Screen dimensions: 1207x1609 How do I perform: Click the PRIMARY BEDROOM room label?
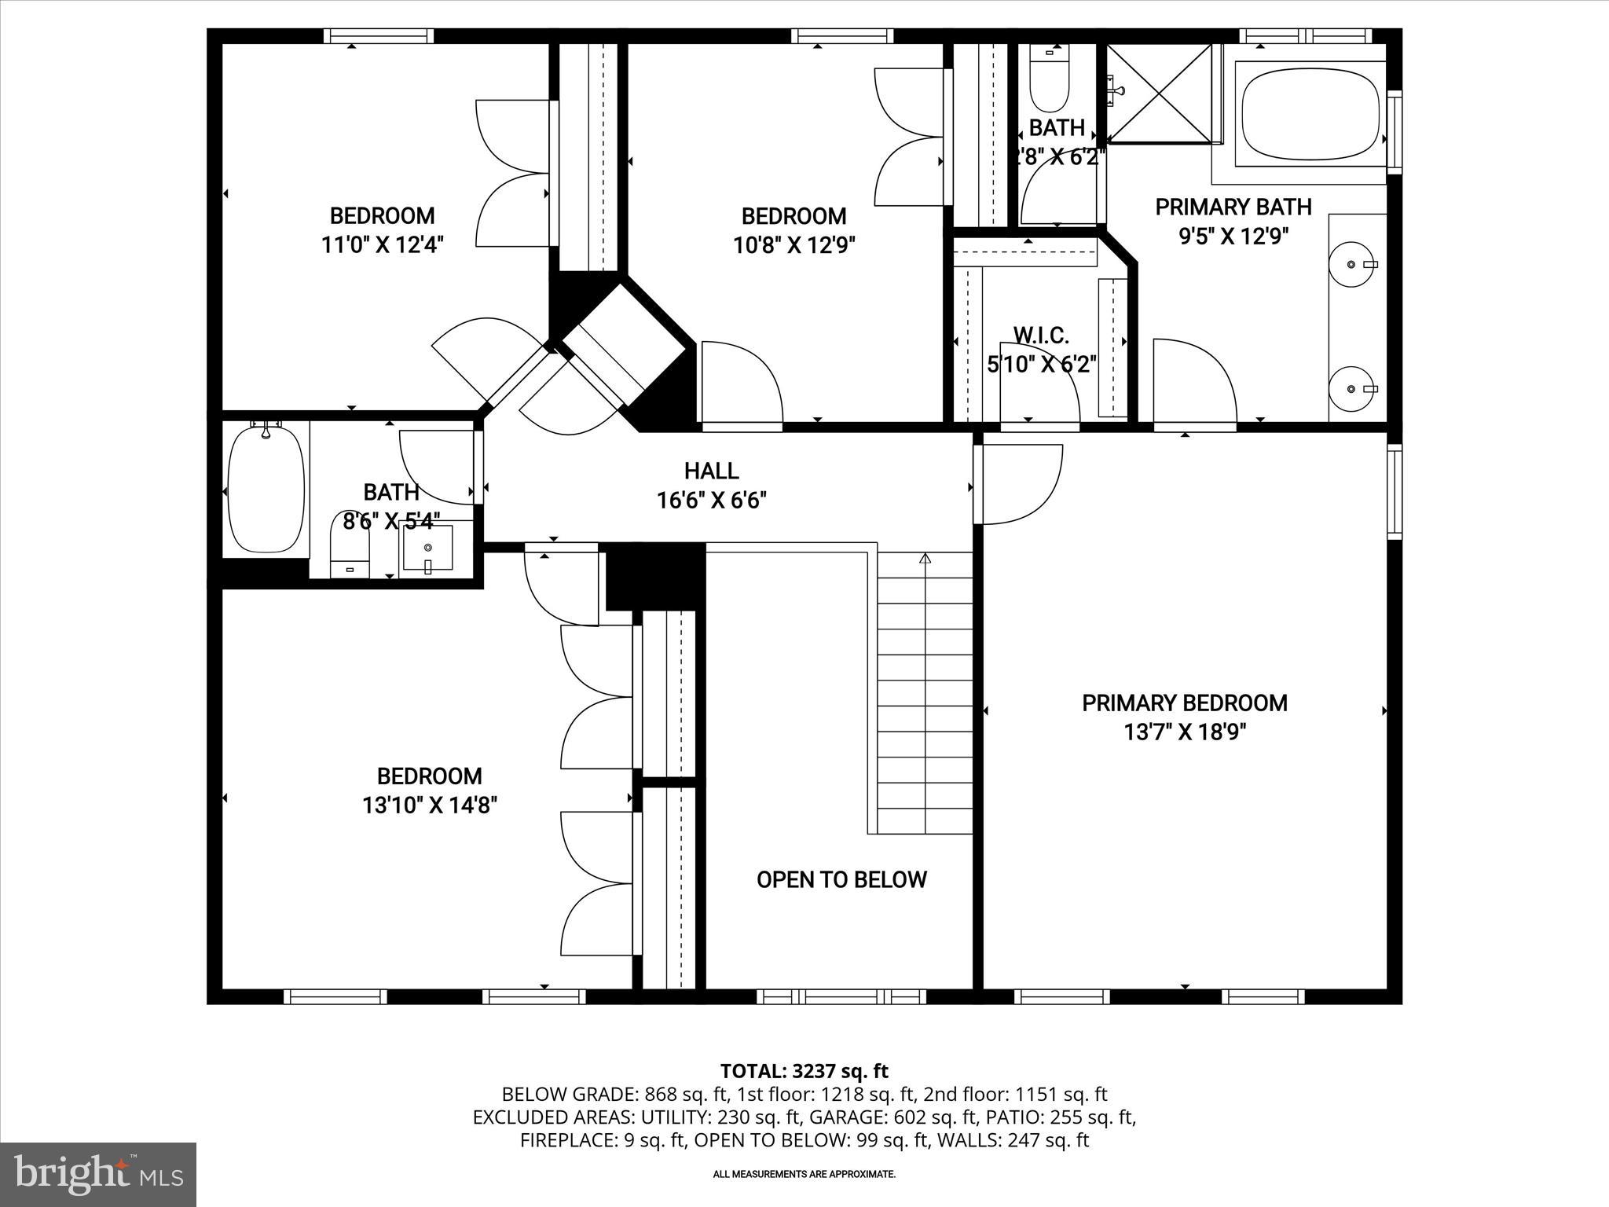coord(1185,703)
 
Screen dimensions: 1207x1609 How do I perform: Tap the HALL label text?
coord(711,471)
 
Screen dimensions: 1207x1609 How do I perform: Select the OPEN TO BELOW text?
coord(841,879)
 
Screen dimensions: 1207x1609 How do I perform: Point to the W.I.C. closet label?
coord(1041,336)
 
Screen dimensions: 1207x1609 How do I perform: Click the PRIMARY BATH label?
coord(1233,207)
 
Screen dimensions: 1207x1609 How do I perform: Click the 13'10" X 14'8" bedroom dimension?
coord(429,805)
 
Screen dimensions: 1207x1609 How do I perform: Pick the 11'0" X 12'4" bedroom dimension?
coord(382,245)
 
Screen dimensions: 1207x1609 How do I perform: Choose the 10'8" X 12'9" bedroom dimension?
coord(794,245)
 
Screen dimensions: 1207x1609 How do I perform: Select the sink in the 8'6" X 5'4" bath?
coord(427,548)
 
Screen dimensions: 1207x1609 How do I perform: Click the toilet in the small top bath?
coord(1050,83)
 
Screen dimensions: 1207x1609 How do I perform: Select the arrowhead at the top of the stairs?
coord(925,559)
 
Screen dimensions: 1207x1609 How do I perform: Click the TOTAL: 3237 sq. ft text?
coord(804,1071)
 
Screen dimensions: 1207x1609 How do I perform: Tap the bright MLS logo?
coord(98,1174)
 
